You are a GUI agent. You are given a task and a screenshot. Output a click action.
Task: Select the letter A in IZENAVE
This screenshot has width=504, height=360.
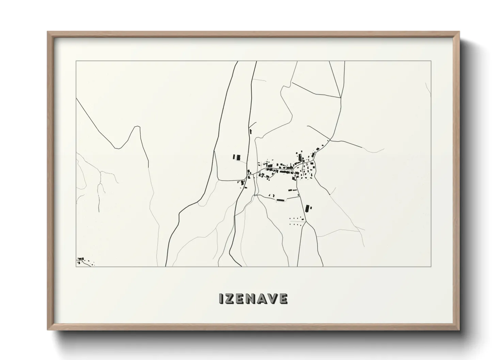pos(263,299)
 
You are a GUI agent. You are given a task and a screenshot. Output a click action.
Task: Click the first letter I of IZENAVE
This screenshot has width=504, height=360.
pos(221,299)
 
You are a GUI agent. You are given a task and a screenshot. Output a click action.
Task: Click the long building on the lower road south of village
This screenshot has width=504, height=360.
pos(280,200)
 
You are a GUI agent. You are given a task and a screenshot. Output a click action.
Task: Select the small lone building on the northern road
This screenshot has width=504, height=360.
pos(251,131)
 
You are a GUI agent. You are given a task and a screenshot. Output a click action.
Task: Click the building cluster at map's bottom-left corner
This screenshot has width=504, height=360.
pos(81,261)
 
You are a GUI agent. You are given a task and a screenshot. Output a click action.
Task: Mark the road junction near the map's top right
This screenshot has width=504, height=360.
pos(341,97)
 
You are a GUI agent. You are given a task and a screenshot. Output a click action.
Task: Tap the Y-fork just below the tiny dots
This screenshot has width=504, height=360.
pos(306,222)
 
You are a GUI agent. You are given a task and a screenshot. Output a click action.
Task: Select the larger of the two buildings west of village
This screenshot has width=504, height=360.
pos(238,157)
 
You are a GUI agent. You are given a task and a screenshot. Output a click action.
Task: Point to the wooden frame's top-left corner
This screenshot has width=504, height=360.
pos(48,32)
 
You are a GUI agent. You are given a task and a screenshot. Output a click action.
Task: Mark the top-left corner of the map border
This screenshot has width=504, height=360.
pos(76,61)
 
